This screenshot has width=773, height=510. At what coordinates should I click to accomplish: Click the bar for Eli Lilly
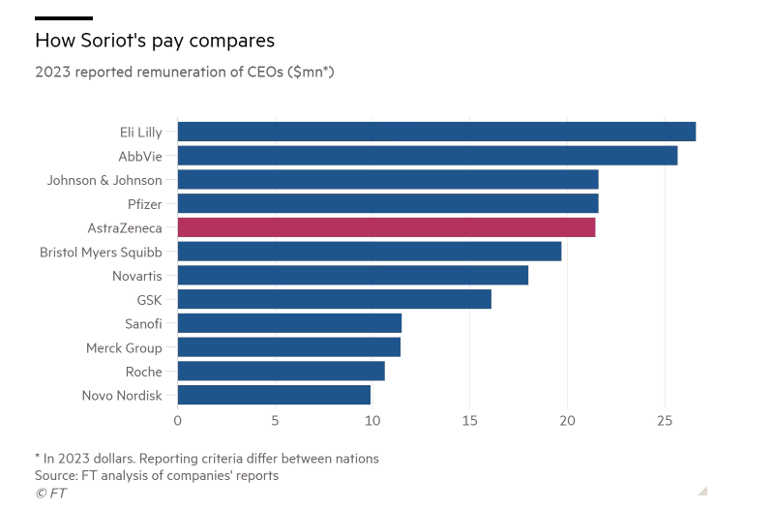coord(436,132)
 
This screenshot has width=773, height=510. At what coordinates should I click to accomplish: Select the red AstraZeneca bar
coord(386,227)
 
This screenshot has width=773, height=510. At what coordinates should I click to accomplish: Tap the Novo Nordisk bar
coord(274,395)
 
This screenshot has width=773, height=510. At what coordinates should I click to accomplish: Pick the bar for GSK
coord(334,299)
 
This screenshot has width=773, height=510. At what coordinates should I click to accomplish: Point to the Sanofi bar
coord(289,323)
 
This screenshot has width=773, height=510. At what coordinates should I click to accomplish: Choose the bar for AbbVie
coord(427,156)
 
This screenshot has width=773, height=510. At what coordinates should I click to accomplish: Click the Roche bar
coord(281,372)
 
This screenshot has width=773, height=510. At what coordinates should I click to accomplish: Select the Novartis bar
coord(352,276)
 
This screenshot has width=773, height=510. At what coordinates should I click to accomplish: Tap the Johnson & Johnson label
coord(104,180)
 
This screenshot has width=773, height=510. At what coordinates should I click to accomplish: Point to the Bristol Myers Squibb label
coord(101,252)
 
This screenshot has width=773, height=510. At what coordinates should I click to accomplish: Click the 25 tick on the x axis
coord(665,422)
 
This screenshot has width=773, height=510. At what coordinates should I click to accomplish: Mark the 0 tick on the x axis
coord(178,422)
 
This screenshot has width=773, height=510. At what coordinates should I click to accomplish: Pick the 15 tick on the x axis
coord(469,422)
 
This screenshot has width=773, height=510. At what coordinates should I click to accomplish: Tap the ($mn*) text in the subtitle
coord(311,72)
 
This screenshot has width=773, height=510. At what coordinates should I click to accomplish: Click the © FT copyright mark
coord(50,493)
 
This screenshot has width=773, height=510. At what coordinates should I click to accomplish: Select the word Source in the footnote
coord(56,475)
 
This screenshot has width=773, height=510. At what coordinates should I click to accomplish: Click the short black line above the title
coord(64,18)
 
